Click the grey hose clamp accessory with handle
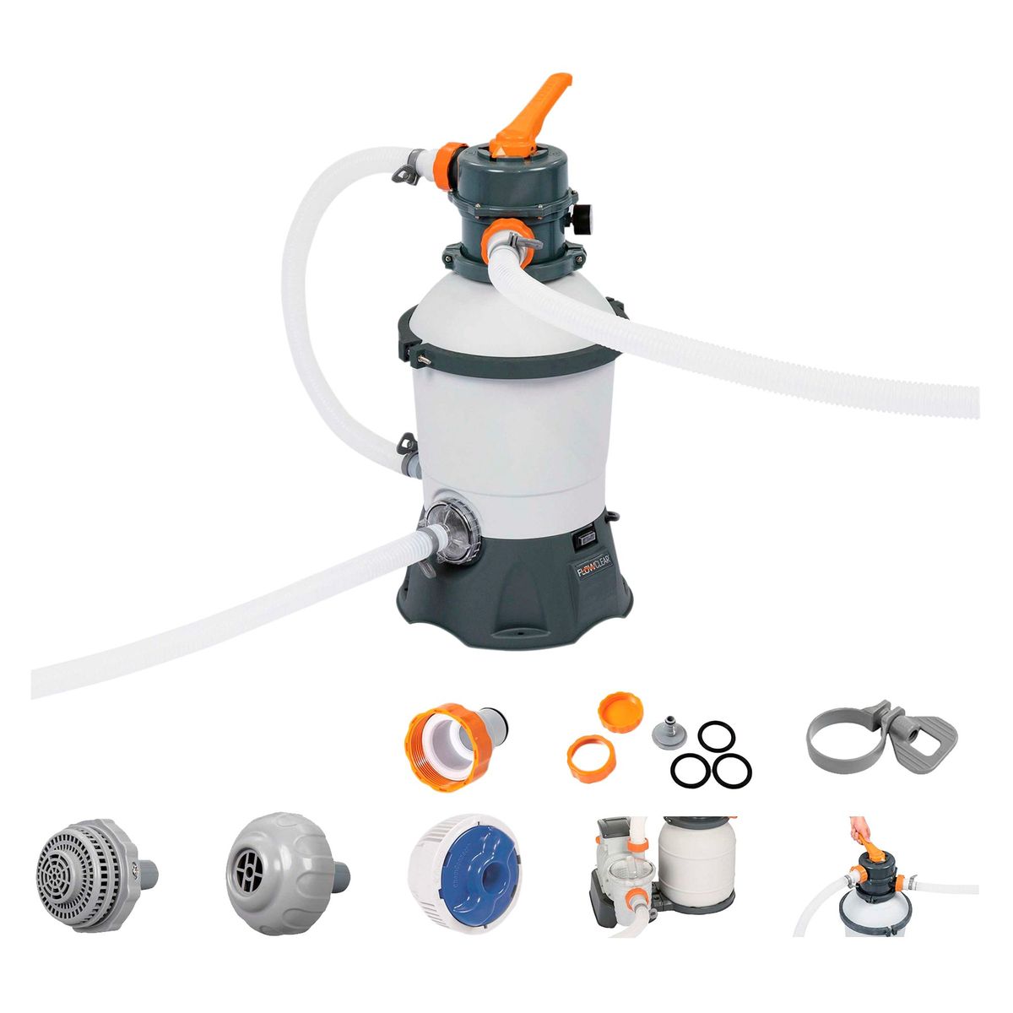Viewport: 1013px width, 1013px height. [x=880, y=734]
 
